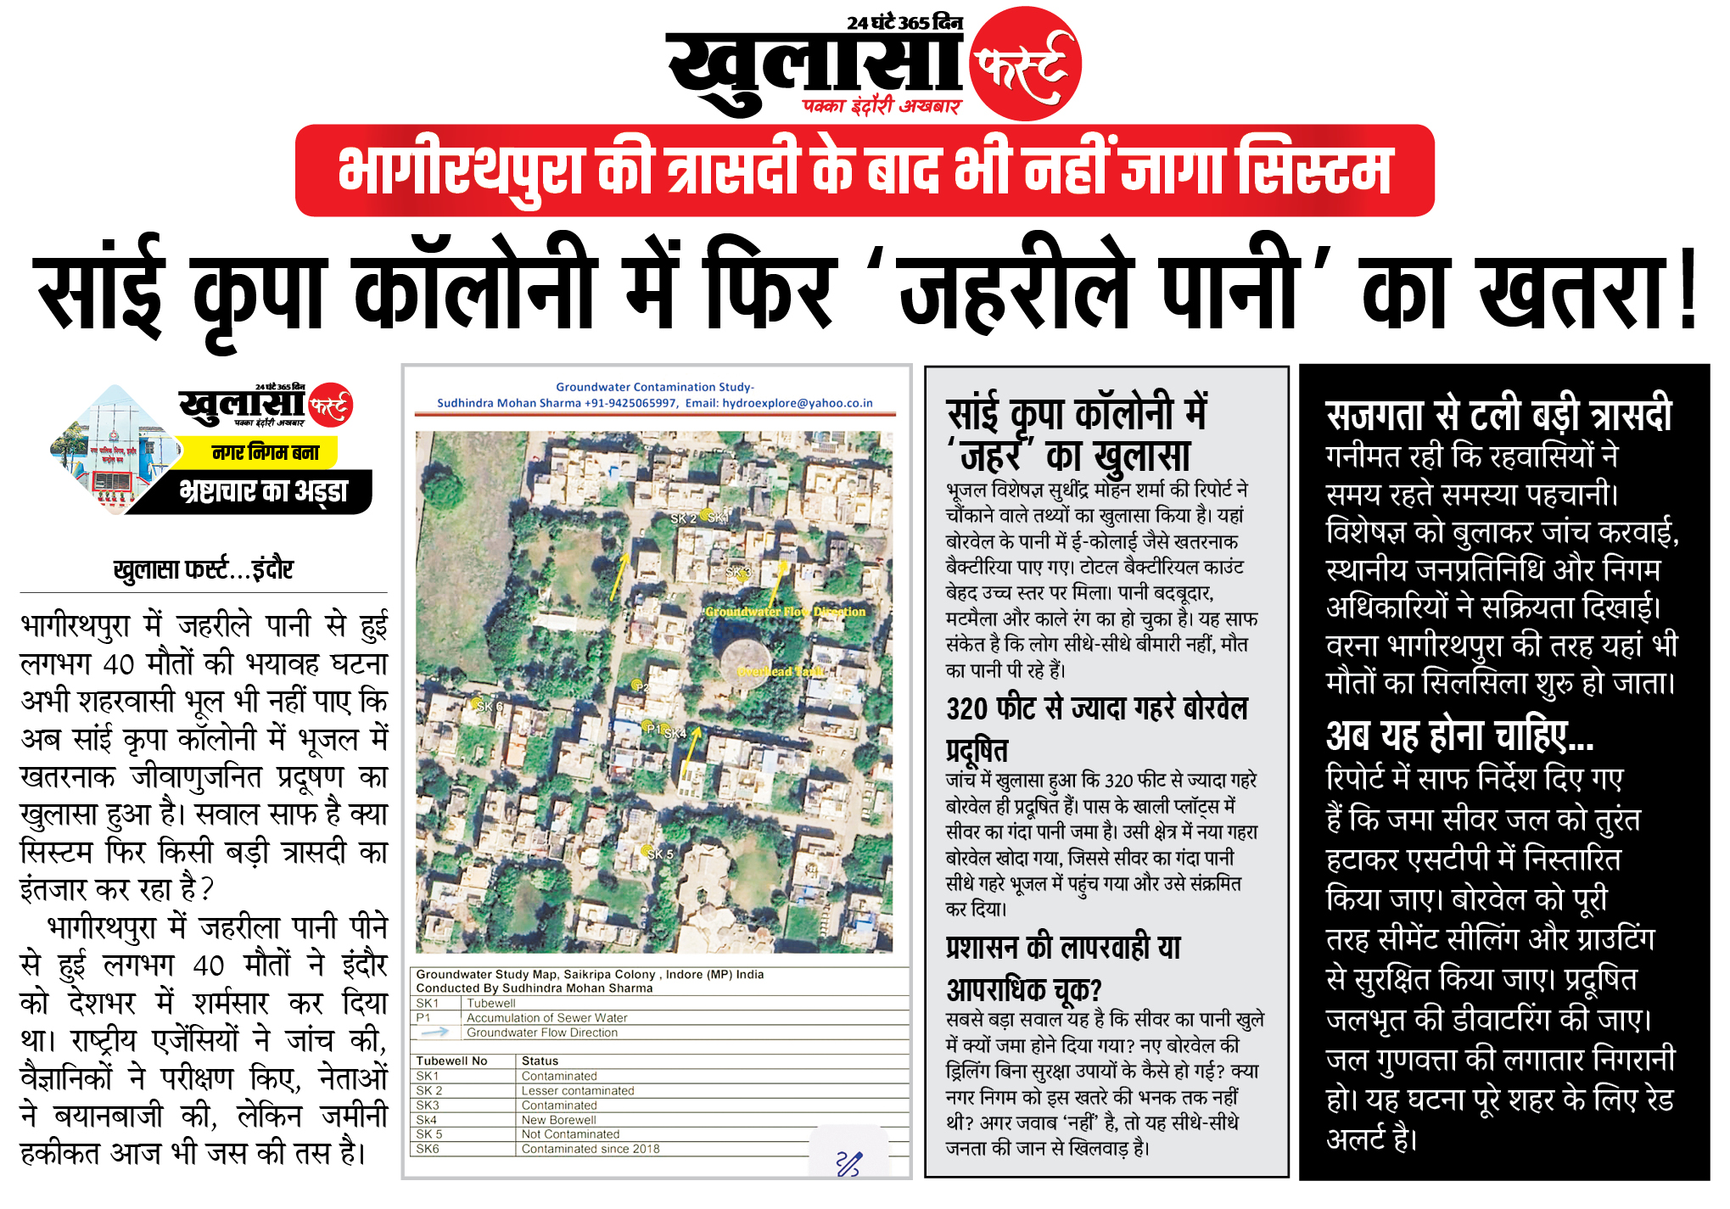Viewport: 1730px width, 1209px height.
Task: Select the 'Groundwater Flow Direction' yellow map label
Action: coord(786,611)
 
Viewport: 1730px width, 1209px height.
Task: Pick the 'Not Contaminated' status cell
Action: coord(570,1134)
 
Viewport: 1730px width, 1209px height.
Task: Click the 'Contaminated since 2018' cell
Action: coord(590,1149)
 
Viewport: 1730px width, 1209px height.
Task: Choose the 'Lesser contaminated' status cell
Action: coord(577,1091)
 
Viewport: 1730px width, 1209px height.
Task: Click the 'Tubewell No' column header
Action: coord(451,1061)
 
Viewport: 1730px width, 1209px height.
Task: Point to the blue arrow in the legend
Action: coord(435,1033)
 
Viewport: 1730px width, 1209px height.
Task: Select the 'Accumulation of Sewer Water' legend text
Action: coord(546,1018)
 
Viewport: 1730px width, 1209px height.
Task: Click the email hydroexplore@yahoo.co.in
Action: coord(797,403)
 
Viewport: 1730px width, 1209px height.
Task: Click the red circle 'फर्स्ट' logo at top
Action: coord(1025,64)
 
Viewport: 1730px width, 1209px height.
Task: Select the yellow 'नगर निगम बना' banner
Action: coord(266,452)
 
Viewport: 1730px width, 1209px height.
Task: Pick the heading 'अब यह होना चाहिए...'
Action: coord(1459,736)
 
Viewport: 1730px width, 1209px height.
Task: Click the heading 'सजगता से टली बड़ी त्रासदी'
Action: coord(1498,416)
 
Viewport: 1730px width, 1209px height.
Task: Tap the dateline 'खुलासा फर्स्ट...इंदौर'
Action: coord(204,569)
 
